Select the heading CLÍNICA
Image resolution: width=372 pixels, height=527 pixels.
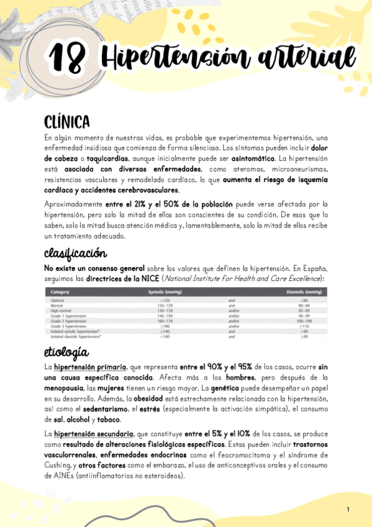[67, 121]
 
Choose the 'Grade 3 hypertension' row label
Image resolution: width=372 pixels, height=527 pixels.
[68, 326]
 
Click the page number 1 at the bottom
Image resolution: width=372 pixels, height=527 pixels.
[348, 510]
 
